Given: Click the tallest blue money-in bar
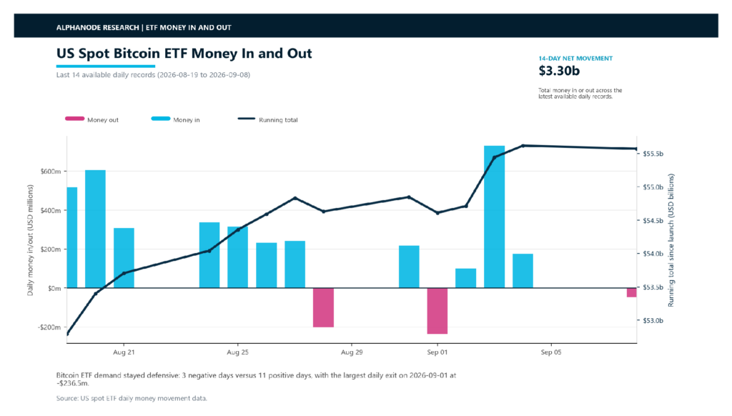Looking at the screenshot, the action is tap(495, 217).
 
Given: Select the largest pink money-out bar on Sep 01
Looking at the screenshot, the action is tap(437, 311).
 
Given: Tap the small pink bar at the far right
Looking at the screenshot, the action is tap(632, 292).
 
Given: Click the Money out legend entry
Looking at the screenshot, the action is tap(92, 119).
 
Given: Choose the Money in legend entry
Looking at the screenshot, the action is tap(176, 119).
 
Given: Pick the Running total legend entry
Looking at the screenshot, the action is tap(267, 119).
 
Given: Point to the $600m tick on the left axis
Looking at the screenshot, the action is tap(51, 172).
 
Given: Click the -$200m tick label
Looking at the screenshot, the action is tap(49, 327).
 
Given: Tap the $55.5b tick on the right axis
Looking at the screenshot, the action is tap(653, 154).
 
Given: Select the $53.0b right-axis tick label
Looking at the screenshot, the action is tap(653, 321).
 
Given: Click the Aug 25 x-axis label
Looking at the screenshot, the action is tap(237, 352).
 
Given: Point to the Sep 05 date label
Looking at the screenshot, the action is tap(551, 352).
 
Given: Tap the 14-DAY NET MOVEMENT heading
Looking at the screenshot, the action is tap(575, 59).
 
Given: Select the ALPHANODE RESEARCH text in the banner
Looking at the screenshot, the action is tap(97, 28).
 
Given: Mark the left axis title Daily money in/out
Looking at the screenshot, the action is tap(30, 240).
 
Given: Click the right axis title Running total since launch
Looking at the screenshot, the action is tap(671, 240).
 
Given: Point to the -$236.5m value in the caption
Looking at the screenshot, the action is tap(72, 383).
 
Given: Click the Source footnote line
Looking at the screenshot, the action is tap(132, 398).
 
